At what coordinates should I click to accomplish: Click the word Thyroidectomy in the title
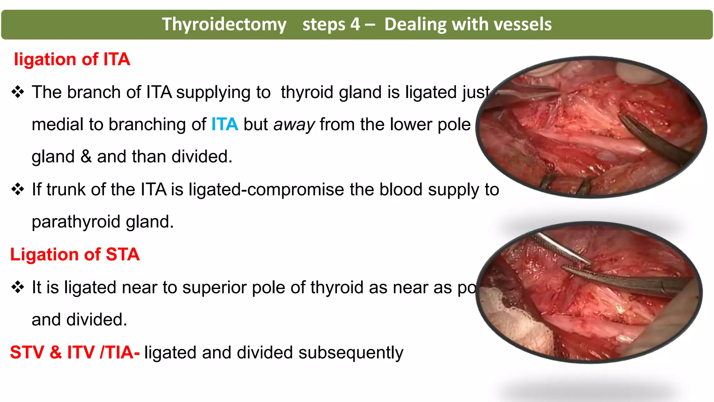coord(224,24)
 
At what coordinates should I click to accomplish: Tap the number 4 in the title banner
coord(355,24)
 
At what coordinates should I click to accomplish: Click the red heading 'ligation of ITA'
coord(72,59)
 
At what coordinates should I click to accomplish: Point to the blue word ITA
coord(225,124)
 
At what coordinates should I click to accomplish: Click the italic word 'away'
coord(294,125)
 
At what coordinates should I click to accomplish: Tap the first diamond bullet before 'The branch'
coord(17,92)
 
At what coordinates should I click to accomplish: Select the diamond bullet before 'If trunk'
coord(17,189)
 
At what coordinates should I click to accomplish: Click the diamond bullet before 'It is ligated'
coord(17,287)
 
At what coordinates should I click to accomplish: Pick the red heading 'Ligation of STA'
coord(75,254)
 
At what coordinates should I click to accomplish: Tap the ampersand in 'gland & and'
coord(86,156)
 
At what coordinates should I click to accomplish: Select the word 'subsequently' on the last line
coord(351,353)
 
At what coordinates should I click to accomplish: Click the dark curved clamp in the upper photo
coord(655,140)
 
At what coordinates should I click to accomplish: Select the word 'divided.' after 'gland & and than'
coord(202,157)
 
